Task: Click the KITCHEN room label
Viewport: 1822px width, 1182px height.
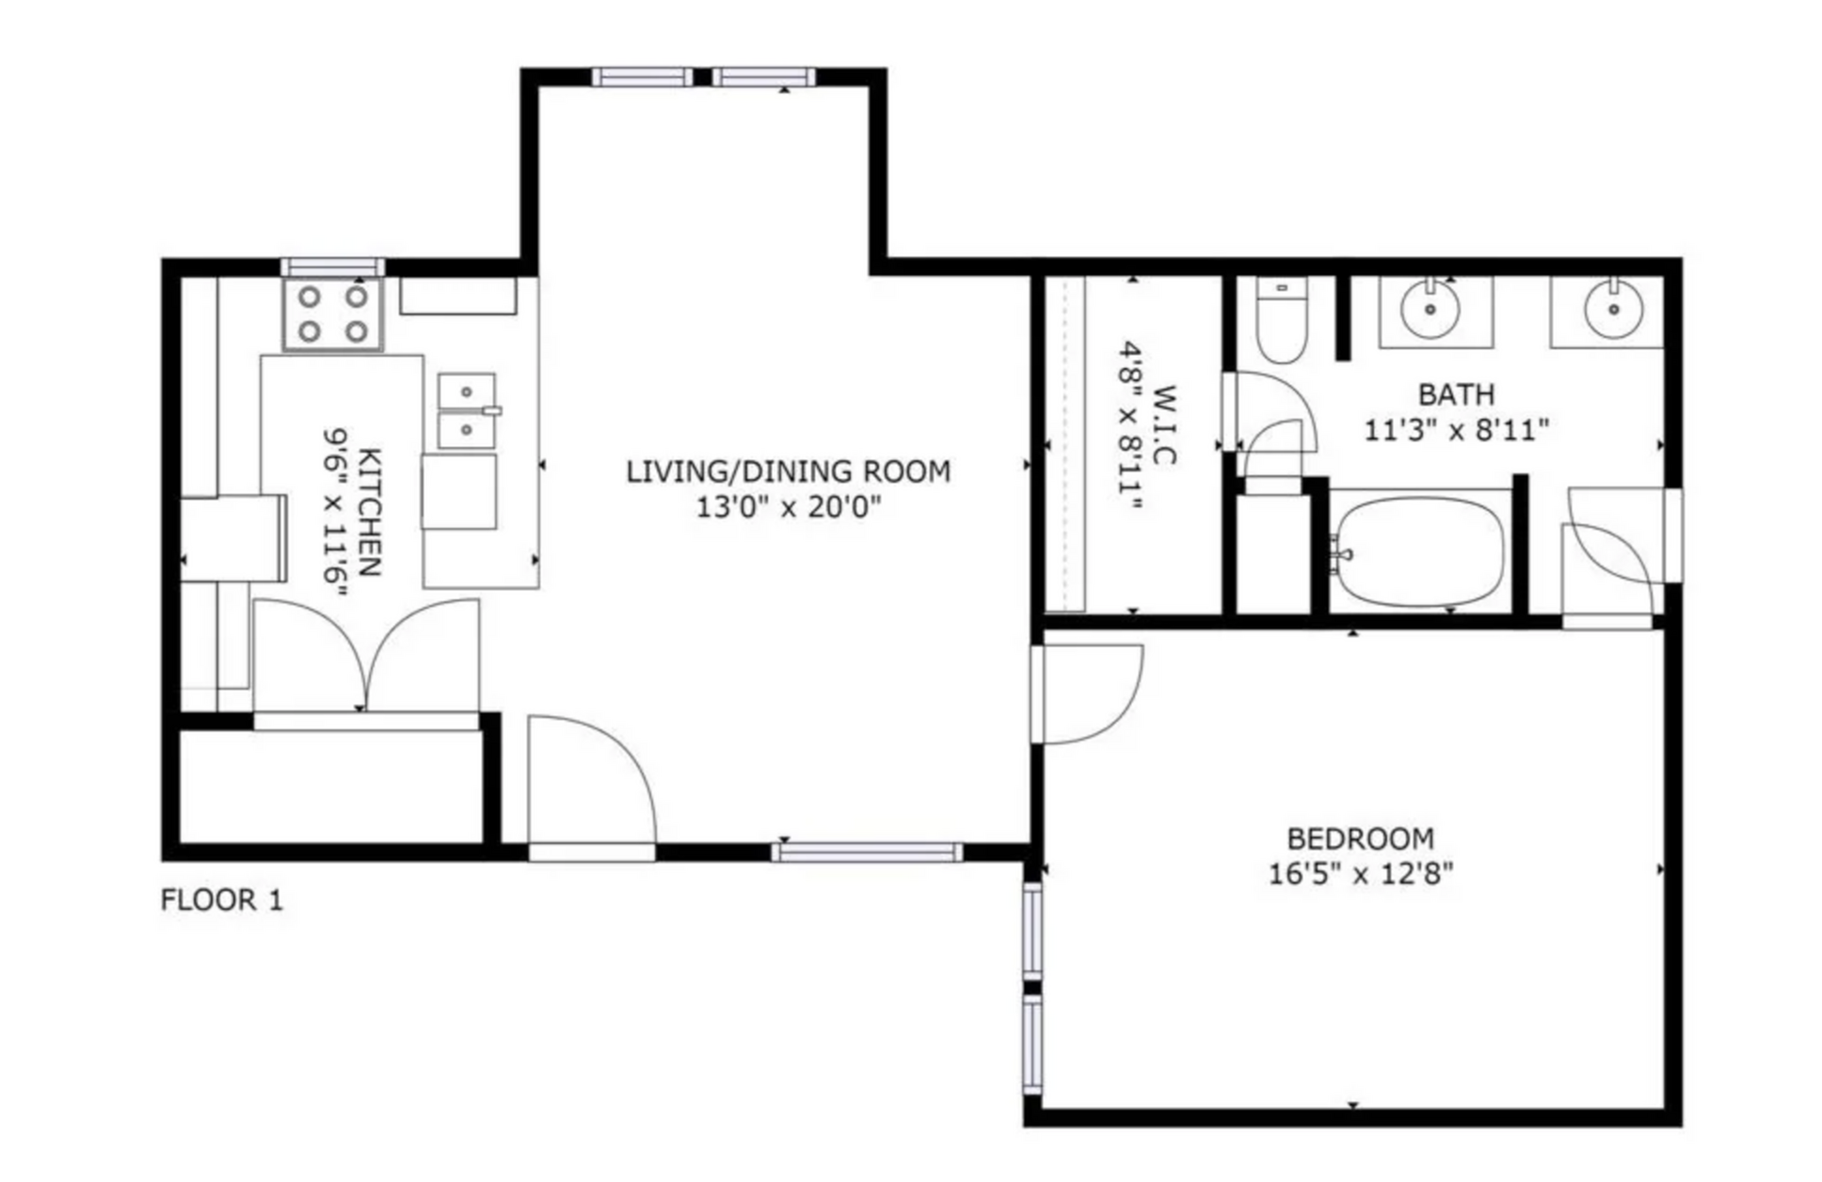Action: tap(371, 513)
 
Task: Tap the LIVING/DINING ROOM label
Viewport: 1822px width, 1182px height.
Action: tap(789, 471)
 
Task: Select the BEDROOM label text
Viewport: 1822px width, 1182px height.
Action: tap(1361, 838)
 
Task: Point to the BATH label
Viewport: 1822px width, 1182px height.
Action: tap(1456, 393)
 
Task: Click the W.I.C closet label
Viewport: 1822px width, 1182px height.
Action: tap(1164, 424)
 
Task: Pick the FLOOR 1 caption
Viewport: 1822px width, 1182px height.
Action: tap(221, 901)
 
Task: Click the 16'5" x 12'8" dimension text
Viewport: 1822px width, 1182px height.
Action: tap(1361, 874)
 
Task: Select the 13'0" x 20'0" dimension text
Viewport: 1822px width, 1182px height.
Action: tap(789, 508)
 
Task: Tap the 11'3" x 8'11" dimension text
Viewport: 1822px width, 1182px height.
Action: tap(1456, 431)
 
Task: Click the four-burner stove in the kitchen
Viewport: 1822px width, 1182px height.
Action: tap(333, 314)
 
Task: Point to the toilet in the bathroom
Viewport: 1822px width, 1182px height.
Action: tap(1282, 320)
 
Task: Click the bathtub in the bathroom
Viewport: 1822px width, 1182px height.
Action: tap(1420, 551)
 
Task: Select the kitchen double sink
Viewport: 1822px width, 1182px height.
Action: tap(467, 410)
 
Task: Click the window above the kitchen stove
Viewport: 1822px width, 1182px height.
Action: tap(333, 267)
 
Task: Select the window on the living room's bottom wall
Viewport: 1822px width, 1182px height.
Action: tap(867, 853)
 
